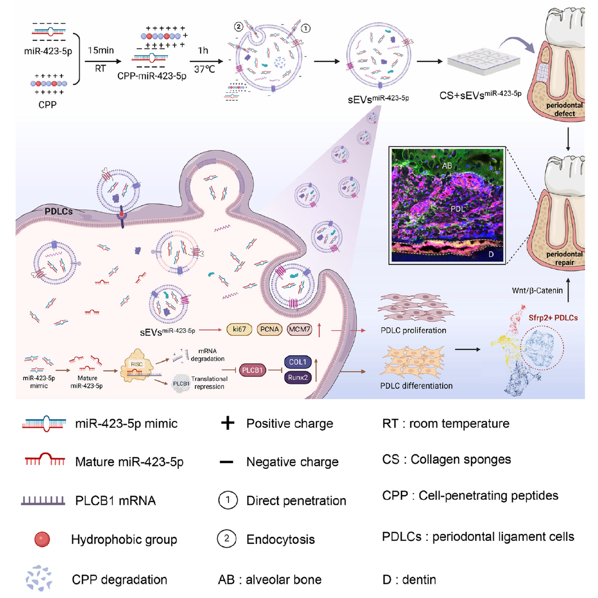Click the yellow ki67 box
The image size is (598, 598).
[x=239, y=329]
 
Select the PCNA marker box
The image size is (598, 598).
[x=269, y=329]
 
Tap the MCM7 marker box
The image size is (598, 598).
[x=299, y=329]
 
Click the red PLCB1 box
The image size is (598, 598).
[x=252, y=370]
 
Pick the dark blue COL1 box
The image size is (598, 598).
[x=298, y=362]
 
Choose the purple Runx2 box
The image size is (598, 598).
[x=298, y=377]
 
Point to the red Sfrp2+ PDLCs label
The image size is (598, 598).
[x=553, y=318]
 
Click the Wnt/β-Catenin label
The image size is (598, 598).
[x=537, y=291]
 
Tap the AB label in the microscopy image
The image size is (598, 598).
[x=447, y=165]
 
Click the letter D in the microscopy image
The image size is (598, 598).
[x=491, y=254]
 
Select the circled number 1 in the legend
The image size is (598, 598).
[x=227, y=500]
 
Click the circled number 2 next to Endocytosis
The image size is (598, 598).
[x=226, y=538]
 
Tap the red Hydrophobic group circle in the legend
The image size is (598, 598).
[x=42, y=539]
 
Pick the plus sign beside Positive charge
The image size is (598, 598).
[x=227, y=423]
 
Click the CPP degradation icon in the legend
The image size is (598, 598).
[x=39, y=579]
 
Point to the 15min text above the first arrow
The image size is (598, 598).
[x=101, y=50]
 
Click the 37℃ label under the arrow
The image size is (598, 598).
[x=205, y=69]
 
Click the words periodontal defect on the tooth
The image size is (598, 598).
[x=564, y=109]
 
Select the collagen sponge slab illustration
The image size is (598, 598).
[x=483, y=61]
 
